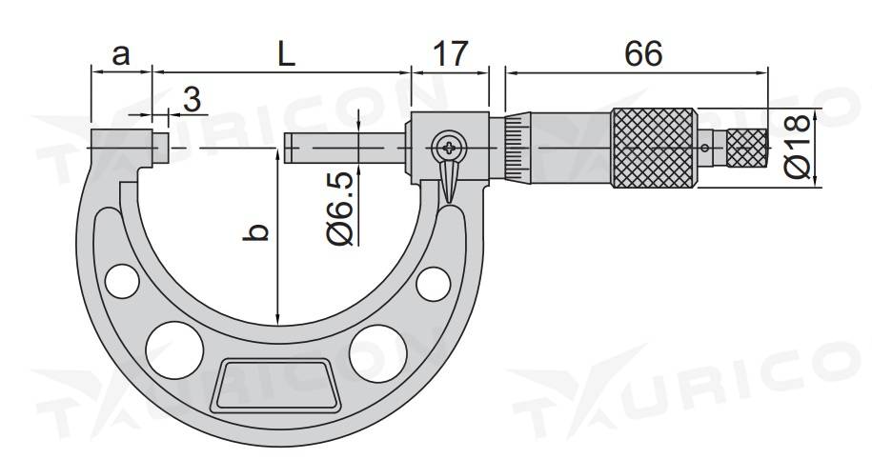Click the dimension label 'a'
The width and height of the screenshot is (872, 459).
[121, 55]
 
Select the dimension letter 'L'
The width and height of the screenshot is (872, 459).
[287, 54]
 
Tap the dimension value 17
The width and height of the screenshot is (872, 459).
[450, 54]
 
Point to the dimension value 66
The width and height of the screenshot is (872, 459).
[643, 54]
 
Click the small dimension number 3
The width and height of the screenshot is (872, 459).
[192, 100]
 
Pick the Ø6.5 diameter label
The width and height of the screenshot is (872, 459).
[340, 209]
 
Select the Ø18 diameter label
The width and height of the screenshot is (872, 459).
[798, 146]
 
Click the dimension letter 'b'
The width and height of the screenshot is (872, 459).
[255, 232]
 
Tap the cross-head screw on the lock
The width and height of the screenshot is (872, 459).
[449, 148]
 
